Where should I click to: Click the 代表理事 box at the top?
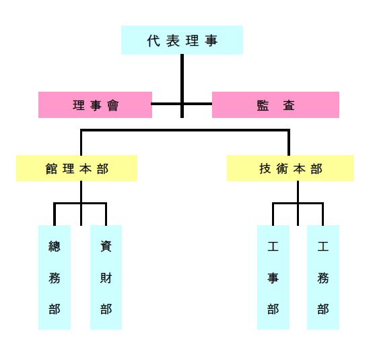click(182, 40)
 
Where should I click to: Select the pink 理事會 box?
click(95, 104)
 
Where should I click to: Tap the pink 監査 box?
click(275, 104)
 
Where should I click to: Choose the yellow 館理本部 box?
click(77, 169)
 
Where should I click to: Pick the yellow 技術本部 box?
click(290, 169)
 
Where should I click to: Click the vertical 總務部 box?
click(55, 277)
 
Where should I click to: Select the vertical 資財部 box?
click(106, 277)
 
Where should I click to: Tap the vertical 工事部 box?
click(273, 277)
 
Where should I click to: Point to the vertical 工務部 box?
click(323, 277)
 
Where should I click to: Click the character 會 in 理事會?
click(112, 105)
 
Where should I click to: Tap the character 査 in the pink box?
click(289, 105)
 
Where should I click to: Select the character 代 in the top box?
click(154, 40)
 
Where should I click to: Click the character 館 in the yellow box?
click(51, 169)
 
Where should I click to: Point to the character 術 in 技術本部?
click(282, 169)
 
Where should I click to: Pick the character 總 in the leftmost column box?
click(55, 246)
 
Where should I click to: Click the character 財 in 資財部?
click(106, 278)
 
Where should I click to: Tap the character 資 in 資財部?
click(106, 246)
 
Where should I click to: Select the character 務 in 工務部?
click(323, 278)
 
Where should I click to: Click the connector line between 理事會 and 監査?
click(182, 104)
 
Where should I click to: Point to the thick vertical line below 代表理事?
click(182, 86)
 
